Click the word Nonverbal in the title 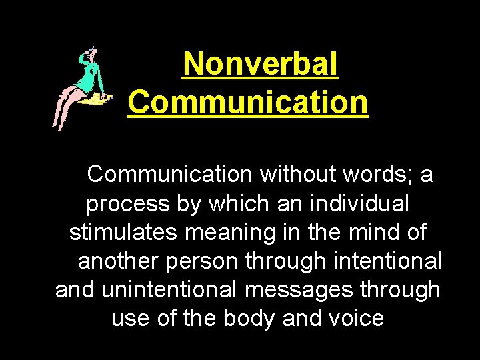(260, 65)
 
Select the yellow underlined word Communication (247, 103)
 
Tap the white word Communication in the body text (169, 175)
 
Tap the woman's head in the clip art (87, 56)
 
